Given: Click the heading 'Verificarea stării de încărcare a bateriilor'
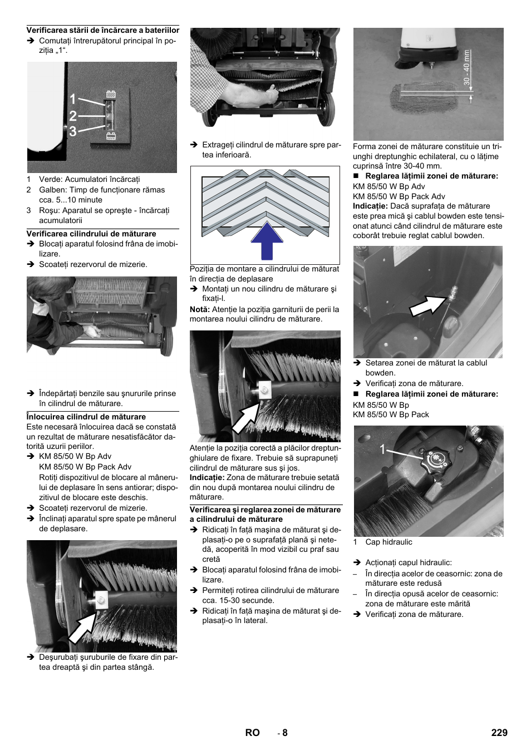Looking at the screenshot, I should pyautogui.click(x=103, y=31).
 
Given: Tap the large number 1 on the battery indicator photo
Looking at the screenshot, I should pyautogui.click(x=73, y=100).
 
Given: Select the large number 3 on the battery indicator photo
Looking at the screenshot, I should pyautogui.click(x=73, y=131).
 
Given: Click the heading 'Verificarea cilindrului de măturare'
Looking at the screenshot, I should pyautogui.click(x=91, y=234).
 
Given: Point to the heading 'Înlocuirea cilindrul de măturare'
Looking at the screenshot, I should pyautogui.click(x=86, y=417).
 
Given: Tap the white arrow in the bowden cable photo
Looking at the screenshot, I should pyautogui.click(x=428, y=305).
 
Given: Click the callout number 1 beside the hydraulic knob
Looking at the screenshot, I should pyautogui.click(x=382, y=450).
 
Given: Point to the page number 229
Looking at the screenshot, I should pyautogui.click(x=499, y=733).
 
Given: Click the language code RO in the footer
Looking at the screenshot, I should pyautogui.click(x=252, y=733).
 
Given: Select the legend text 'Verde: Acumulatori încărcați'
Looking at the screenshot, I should pyautogui.click(x=89, y=180).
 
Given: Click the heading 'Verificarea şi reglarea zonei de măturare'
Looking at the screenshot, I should pyautogui.click(x=265, y=510).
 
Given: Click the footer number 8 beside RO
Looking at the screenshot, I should pyautogui.click(x=284, y=733).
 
